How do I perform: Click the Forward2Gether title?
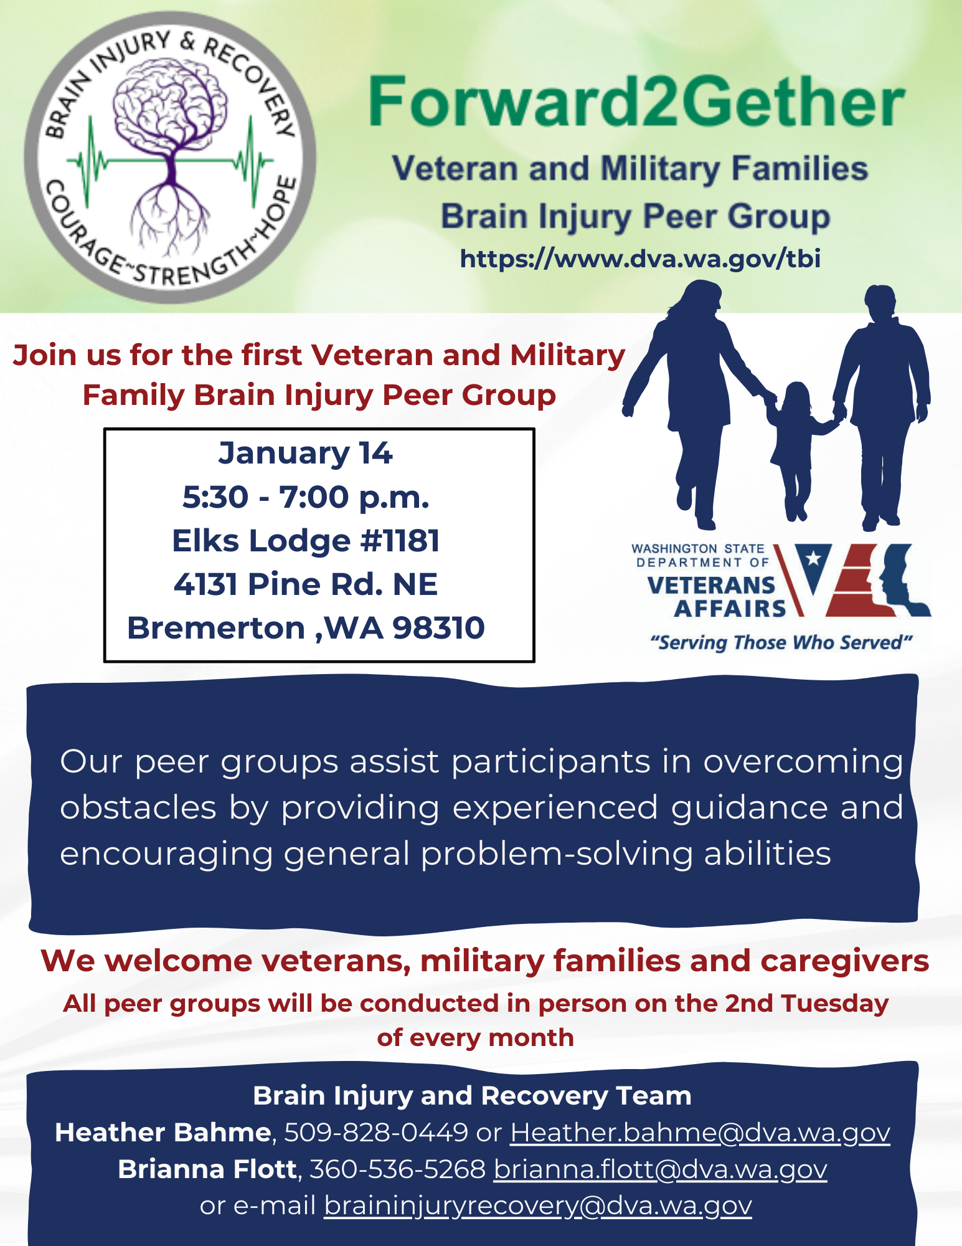[x=636, y=101]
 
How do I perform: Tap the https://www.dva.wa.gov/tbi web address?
[x=640, y=259]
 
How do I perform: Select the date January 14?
[x=305, y=453]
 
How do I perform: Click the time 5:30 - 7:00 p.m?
[x=306, y=497]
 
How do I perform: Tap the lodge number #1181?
[x=400, y=540]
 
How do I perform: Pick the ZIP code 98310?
[x=438, y=627]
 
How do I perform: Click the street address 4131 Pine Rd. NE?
[x=306, y=584]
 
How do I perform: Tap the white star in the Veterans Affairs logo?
[x=813, y=558]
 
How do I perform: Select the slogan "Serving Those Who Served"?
[x=781, y=642]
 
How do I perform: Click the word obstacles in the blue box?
[x=138, y=807]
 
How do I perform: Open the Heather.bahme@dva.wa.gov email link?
[x=700, y=1133]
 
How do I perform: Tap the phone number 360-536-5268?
[x=397, y=1169]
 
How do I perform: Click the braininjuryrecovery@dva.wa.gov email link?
[x=538, y=1206]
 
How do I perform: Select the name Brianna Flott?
[x=207, y=1169]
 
